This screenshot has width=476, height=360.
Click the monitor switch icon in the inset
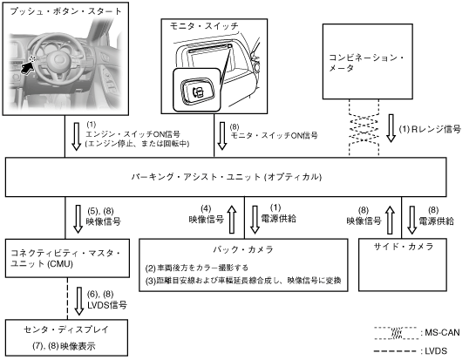point(198,91)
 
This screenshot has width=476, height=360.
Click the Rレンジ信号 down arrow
point(391,128)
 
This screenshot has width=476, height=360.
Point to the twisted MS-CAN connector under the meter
point(364,127)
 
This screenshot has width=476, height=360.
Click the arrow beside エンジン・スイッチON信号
point(76,137)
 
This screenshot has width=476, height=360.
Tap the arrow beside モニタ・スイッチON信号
point(222,136)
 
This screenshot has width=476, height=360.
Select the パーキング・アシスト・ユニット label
point(227,177)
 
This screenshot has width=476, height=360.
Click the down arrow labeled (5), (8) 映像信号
point(78,219)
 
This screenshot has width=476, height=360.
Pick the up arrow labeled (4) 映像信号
point(232,220)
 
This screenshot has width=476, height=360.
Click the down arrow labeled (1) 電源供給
point(255,220)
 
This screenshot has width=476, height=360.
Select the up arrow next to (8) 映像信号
point(390,221)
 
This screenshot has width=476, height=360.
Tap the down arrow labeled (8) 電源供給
point(412,221)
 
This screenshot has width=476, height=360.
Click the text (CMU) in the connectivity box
point(60,264)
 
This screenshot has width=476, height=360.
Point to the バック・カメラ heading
point(243,249)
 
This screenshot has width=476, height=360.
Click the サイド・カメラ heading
point(403,247)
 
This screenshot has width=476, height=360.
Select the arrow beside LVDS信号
point(79,301)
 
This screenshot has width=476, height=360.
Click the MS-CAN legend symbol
point(396,333)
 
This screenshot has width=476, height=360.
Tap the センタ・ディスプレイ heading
point(66,329)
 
